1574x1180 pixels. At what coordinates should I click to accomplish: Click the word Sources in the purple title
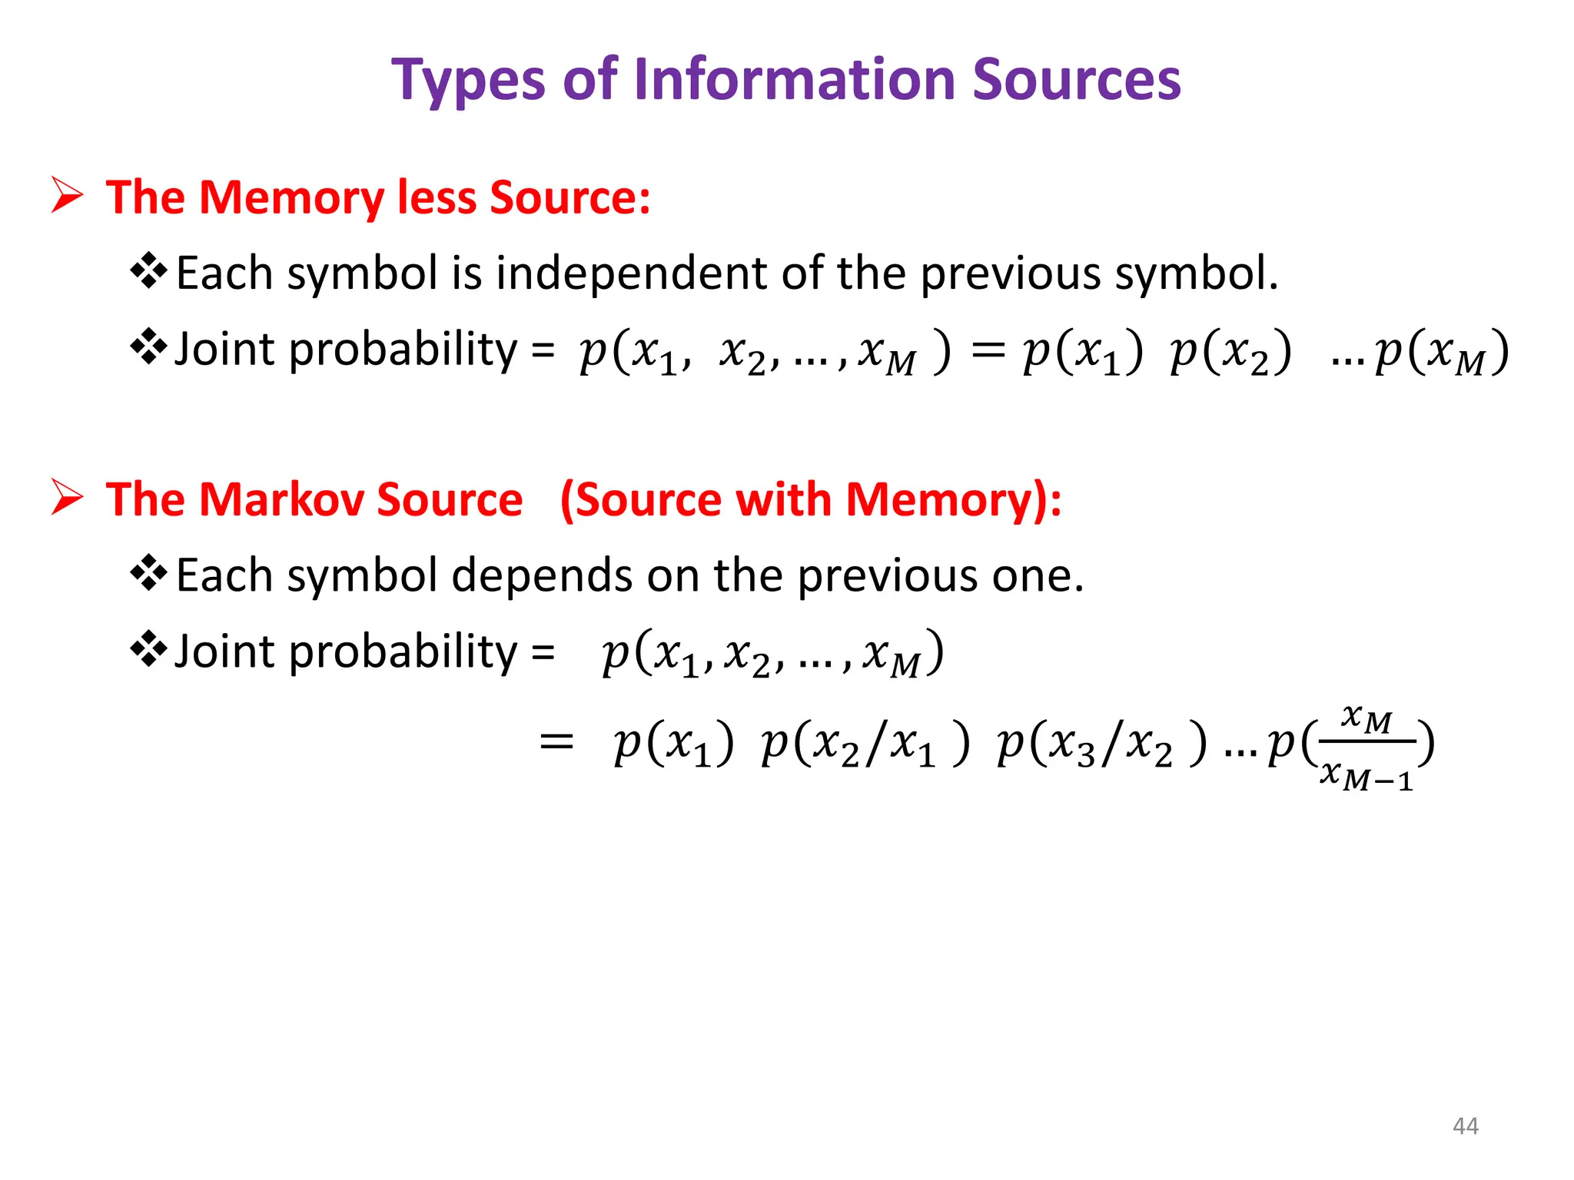tap(1076, 80)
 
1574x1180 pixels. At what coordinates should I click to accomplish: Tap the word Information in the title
tap(795, 80)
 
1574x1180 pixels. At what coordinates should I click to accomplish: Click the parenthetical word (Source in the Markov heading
tap(641, 499)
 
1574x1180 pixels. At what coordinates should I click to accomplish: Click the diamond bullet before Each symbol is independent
tap(149, 271)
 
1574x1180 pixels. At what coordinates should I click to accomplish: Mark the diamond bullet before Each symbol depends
tap(149, 574)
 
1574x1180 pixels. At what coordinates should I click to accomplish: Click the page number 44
tap(1465, 1126)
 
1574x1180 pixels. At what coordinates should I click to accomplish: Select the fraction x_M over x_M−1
tap(1366, 747)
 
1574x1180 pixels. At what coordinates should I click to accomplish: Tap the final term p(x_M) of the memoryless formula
tap(1442, 353)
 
